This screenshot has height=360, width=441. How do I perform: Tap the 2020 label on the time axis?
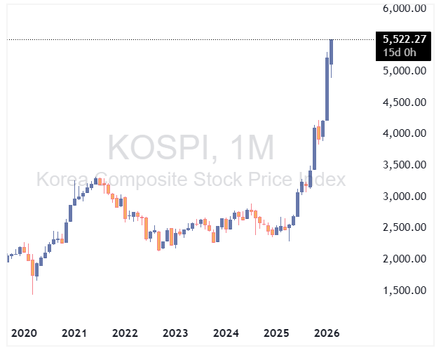click(25, 333)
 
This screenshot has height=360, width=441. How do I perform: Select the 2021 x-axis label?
click(75, 333)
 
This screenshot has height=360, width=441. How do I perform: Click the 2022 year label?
click(125, 333)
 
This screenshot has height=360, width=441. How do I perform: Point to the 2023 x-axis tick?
click(175, 333)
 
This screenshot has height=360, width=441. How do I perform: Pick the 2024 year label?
click(226, 333)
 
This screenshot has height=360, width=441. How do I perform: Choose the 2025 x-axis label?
click(276, 333)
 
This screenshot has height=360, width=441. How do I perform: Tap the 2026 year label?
click(327, 333)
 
